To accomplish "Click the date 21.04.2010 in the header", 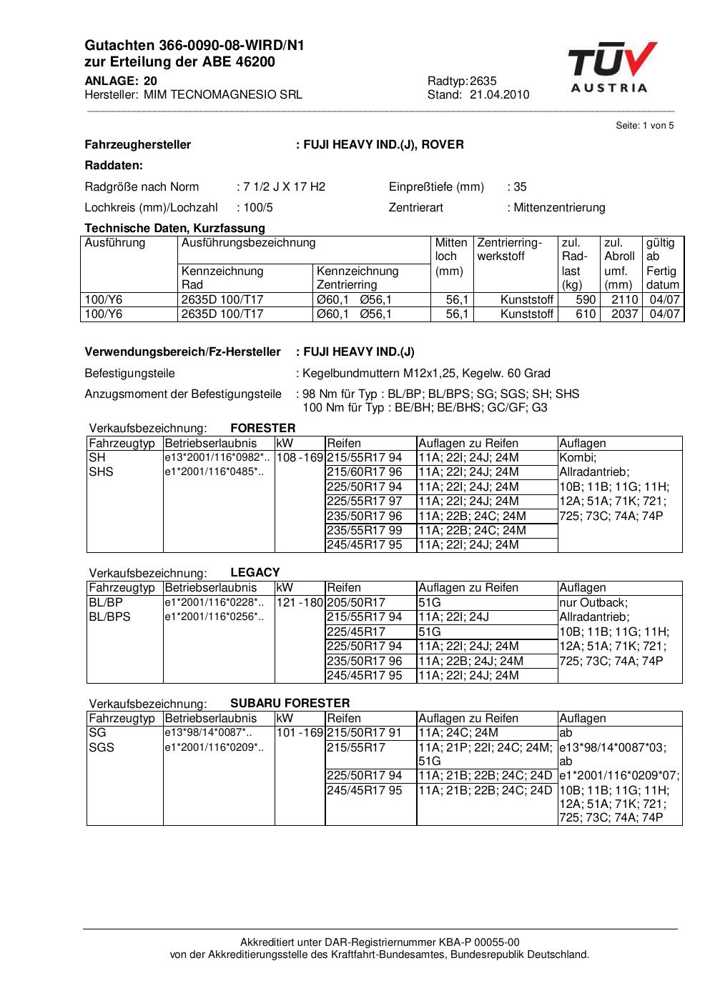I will pyautogui.click(x=499, y=95).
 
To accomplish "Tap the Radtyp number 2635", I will pyautogui.click(x=483, y=81).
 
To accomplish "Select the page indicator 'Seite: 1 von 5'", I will pyautogui.click(x=644, y=126).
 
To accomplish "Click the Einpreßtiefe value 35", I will pyautogui.click(x=520, y=187).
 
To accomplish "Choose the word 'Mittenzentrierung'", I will pyautogui.click(x=558, y=208).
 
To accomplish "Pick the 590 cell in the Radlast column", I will pyautogui.click(x=586, y=300).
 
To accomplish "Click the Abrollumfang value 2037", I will pyautogui.click(x=624, y=314).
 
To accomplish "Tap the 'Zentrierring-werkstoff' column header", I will pyautogui.click(x=509, y=249).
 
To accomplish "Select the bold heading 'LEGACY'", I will pyautogui.click(x=255, y=573).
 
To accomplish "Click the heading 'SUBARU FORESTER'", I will pyautogui.click(x=290, y=703).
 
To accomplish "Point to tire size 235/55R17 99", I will pyautogui.click(x=364, y=530).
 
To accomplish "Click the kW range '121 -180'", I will pyautogui.click(x=300, y=603).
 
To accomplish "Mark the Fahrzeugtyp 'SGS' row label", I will pyautogui.click(x=102, y=747).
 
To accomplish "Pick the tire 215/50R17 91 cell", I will pyautogui.click(x=364, y=732).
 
